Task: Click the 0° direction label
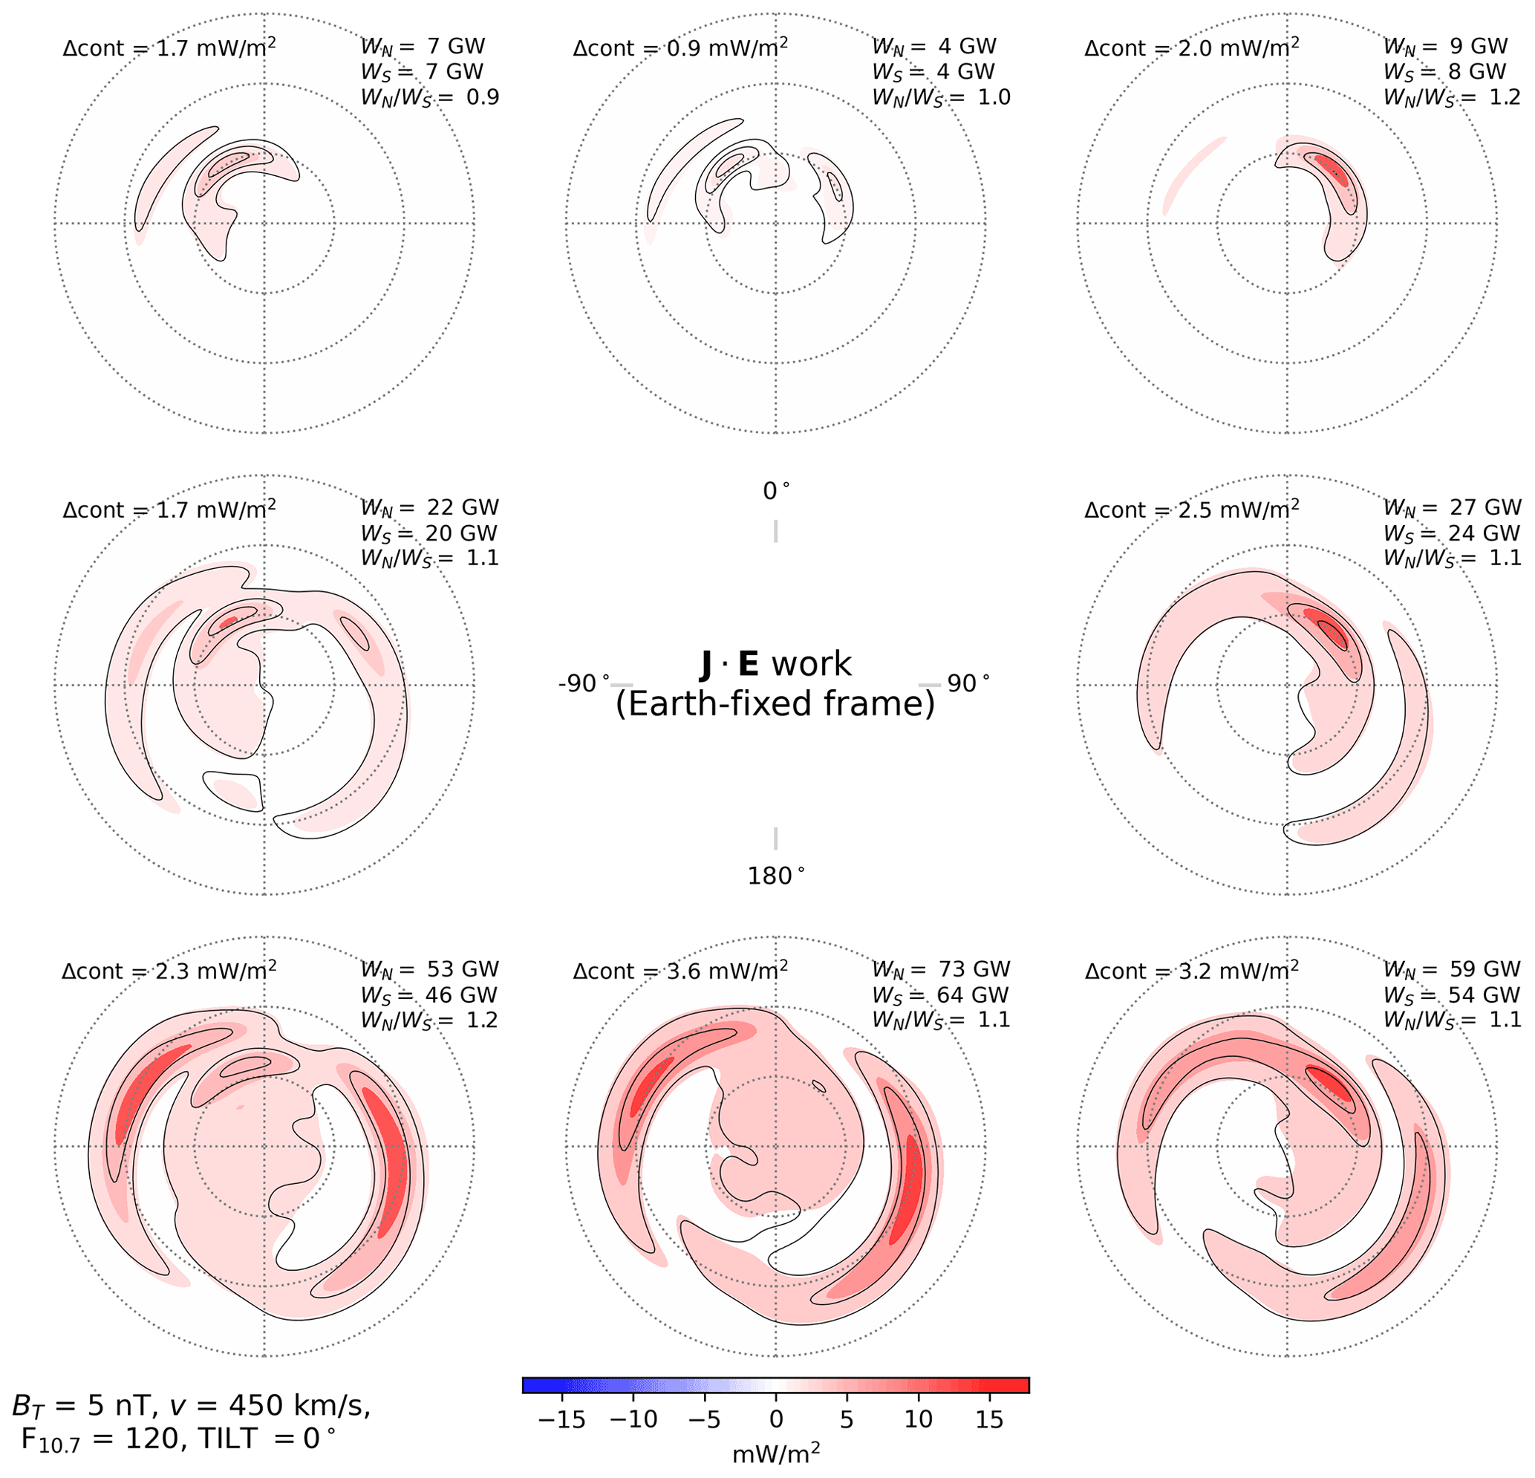(x=775, y=491)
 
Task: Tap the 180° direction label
(x=775, y=876)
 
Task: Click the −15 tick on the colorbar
(x=561, y=1419)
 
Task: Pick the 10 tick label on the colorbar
(x=918, y=1419)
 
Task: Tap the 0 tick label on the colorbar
(x=775, y=1419)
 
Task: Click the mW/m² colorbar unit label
(x=775, y=1453)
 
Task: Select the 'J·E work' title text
(x=775, y=664)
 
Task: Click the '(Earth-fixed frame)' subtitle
(x=775, y=703)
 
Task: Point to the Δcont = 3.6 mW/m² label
(x=679, y=971)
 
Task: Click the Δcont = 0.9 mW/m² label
(x=679, y=48)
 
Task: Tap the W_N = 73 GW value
(x=942, y=970)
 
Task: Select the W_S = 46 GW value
(x=429, y=995)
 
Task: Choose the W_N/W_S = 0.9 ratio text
(x=429, y=97)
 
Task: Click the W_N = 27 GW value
(x=1452, y=507)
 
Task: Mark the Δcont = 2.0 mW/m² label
(x=1191, y=48)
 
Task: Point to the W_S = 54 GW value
(x=1452, y=995)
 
